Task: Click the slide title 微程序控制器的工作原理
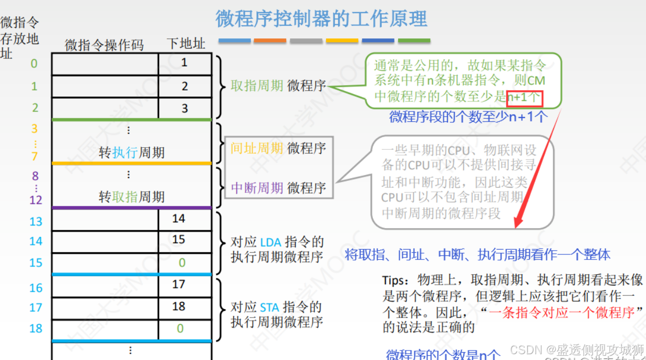click(x=321, y=19)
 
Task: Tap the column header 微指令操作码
click(x=104, y=45)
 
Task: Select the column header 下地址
click(x=185, y=44)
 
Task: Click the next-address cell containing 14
click(x=179, y=219)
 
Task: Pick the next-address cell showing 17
click(x=179, y=284)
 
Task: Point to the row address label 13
click(x=36, y=222)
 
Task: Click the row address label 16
click(x=36, y=288)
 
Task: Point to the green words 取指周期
click(x=257, y=86)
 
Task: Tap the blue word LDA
click(x=271, y=242)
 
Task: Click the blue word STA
click(x=271, y=307)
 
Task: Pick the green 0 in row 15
click(x=182, y=263)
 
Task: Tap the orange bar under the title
click(x=270, y=40)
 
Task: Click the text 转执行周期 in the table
click(x=132, y=153)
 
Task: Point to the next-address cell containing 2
click(x=184, y=86)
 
